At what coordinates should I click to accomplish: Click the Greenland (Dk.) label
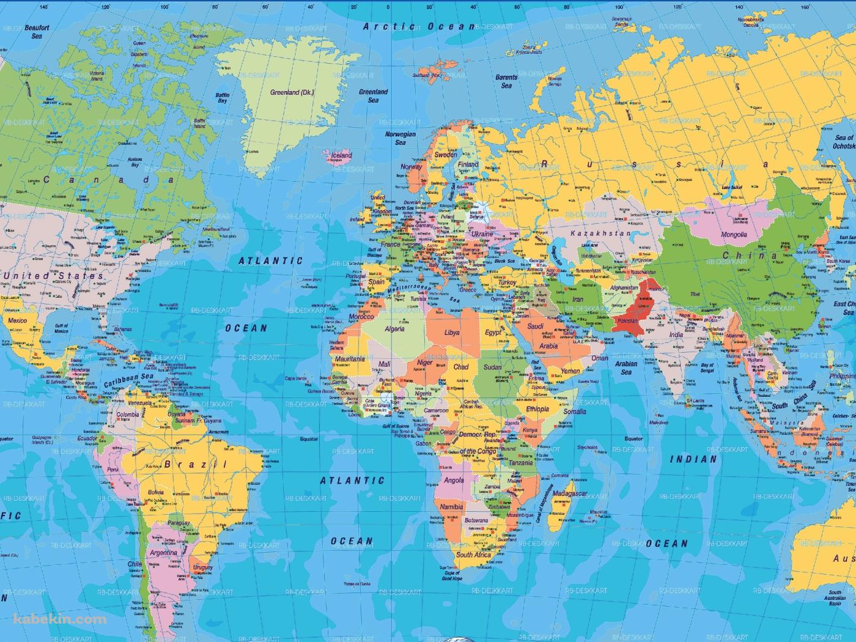[x=292, y=92]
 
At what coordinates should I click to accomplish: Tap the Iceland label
[x=341, y=155]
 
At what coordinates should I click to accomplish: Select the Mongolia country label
[x=734, y=235]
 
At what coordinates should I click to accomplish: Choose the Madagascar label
[x=569, y=493]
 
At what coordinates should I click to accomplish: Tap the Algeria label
[x=394, y=329]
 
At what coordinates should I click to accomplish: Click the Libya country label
[x=452, y=333]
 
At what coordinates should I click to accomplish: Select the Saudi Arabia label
[x=542, y=336]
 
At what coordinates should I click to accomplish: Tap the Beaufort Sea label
[x=37, y=32]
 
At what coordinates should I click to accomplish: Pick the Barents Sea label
[x=506, y=81]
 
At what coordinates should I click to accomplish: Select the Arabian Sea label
[x=626, y=368]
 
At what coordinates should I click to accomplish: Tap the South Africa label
[x=473, y=555]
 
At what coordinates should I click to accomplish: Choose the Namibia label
[x=451, y=507]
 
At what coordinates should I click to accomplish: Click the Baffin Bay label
[x=223, y=98]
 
